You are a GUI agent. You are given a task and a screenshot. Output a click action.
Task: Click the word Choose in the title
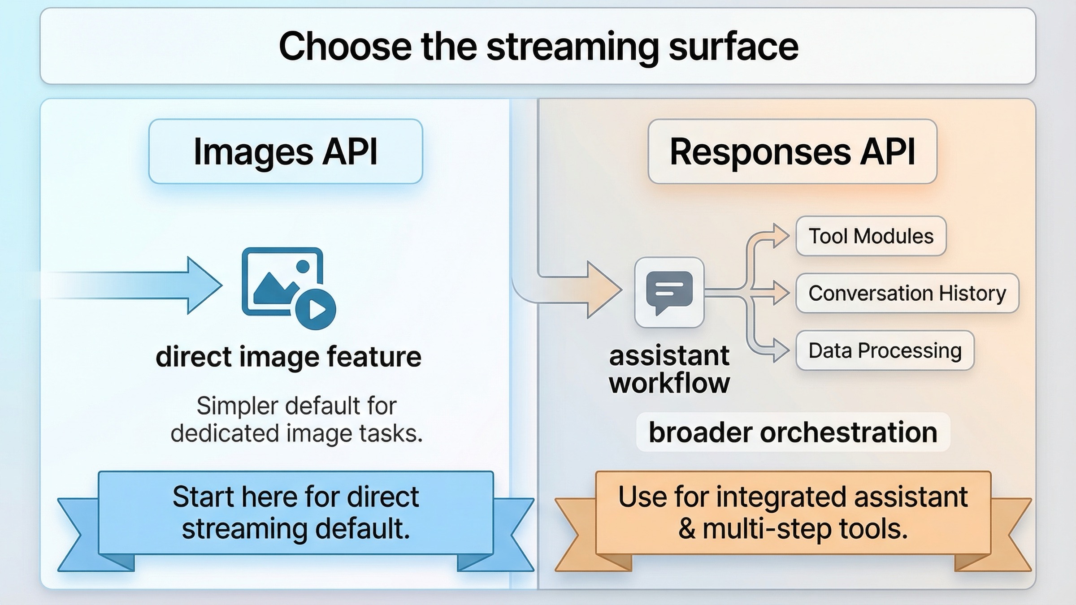point(345,47)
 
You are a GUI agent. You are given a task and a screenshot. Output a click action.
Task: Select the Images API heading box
point(286,151)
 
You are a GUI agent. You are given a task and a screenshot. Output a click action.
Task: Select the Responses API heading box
point(792,151)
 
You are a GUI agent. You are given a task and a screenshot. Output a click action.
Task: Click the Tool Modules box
point(871,236)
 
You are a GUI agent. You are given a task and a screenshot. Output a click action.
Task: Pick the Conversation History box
point(907,293)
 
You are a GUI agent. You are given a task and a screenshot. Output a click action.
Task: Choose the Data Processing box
point(885,350)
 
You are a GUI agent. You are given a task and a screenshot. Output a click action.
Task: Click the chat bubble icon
point(669,292)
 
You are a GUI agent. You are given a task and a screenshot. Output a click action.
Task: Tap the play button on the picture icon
point(316,309)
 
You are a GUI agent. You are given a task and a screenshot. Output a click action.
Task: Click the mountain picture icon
point(278,282)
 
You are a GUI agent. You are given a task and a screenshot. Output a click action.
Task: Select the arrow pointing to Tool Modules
point(779,236)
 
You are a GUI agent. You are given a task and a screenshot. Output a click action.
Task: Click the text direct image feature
point(288,357)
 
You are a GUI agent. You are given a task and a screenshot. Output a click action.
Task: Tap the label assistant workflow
point(669,370)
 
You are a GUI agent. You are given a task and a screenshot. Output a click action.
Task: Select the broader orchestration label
point(793,432)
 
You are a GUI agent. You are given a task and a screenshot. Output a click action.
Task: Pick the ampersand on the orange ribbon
point(686,529)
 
